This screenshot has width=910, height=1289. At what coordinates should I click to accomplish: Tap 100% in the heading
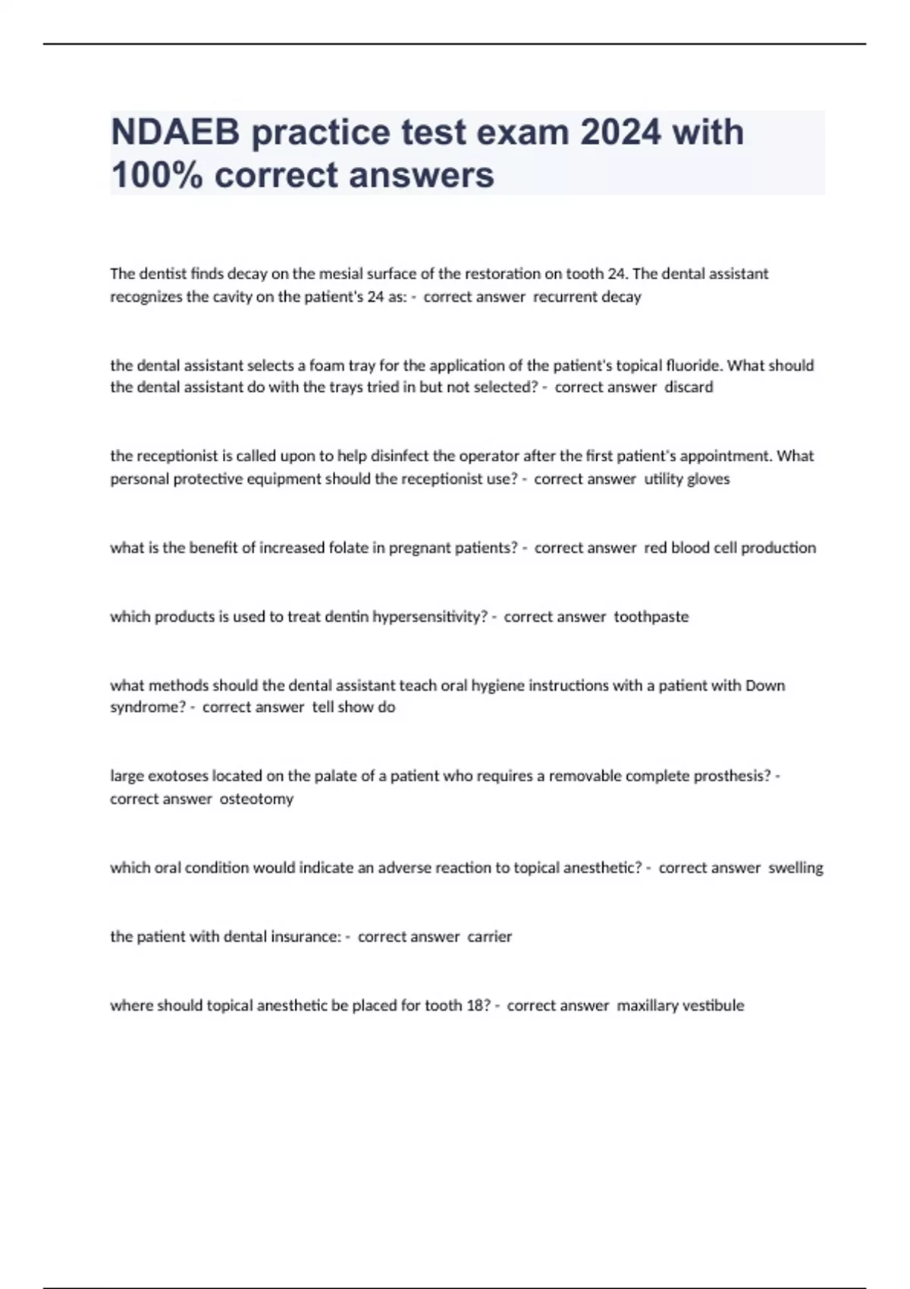pyautogui.click(x=156, y=175)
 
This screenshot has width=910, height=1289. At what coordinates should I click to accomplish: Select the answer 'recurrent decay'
pyautogui.click(x=587, y=296)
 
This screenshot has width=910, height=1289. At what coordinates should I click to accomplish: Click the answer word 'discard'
pyautogui.click(x=689, y=387)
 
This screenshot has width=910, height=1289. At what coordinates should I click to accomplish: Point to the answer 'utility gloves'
pyautogui.click(x=686, y=478)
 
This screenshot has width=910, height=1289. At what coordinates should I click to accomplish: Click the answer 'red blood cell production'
pyautogui.click(x=730, y=547)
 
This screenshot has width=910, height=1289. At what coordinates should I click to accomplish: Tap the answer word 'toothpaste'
pyautogui.click(x=651, y=616)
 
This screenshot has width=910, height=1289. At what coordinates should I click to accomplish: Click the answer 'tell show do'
pyautogui.click(x=353, y=707)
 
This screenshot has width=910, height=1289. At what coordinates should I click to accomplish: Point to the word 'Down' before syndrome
pyautogui.click(x=765, y=685)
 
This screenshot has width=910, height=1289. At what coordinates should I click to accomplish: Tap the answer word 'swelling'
pyautogui.click(x=795, y=867)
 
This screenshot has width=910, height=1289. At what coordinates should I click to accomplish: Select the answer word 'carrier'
pyautogui.click(x=489, y=936)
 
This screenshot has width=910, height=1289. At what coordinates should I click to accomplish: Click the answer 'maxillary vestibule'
pyautogui.click(x=680, y=1005)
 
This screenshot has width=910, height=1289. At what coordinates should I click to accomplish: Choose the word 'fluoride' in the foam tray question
pyautogui.click(x=694, y=365)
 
